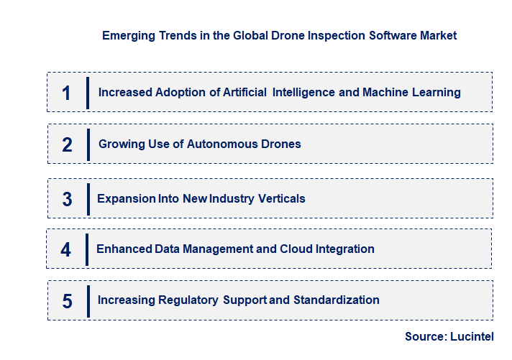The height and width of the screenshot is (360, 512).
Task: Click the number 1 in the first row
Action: [67, 93]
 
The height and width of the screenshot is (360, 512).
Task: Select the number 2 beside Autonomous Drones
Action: [67, 144]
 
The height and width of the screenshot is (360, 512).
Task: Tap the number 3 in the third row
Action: [67, 199]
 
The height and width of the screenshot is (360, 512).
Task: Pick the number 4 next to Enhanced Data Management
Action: [66, 249]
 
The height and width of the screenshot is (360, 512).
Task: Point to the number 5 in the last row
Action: [67, 300]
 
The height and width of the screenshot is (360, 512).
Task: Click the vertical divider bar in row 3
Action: [88, 198]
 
